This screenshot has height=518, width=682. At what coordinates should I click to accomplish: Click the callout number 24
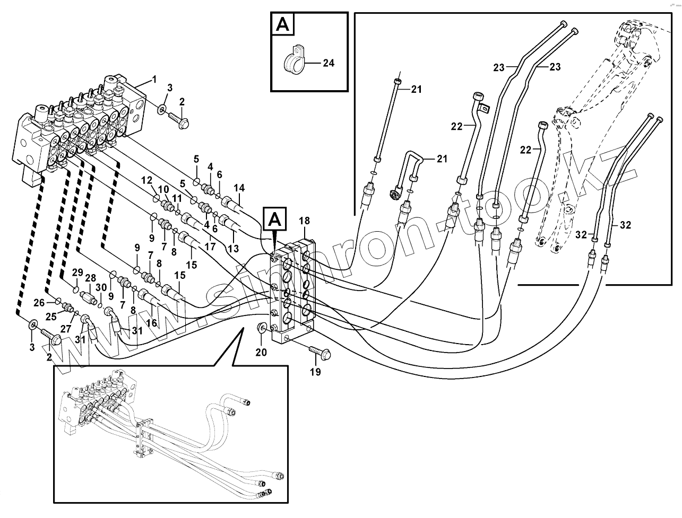(329, 63)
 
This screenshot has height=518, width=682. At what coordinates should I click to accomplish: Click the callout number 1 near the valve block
(154, 80)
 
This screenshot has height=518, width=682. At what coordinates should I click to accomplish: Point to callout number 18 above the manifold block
(304, 221)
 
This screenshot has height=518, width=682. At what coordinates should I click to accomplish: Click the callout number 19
(315, 372)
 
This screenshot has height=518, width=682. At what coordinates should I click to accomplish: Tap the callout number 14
(239, 188)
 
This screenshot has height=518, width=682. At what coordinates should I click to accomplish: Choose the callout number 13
(232, 248)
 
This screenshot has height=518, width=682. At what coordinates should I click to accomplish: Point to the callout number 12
(146, 180)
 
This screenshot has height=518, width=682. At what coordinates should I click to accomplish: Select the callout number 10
(163, 189)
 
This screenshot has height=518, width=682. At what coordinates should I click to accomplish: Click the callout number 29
(77, 273)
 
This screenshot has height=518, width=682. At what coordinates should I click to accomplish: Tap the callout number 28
(90, 278)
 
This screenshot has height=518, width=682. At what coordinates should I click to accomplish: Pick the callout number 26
(39, 303)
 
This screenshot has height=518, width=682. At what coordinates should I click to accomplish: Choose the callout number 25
(51, 317)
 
